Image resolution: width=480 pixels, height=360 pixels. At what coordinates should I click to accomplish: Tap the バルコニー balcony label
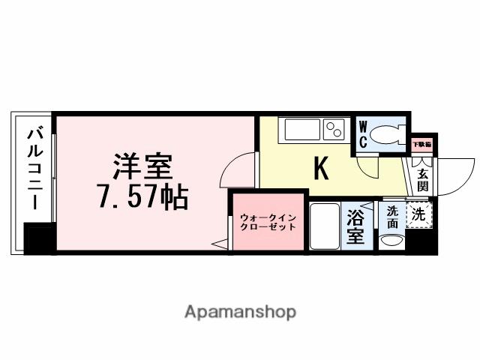34,171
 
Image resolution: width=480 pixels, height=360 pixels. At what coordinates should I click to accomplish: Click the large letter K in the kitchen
321,169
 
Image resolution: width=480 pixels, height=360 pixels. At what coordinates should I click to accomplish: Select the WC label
362,133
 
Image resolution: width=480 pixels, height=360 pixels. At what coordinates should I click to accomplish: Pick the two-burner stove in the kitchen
334,130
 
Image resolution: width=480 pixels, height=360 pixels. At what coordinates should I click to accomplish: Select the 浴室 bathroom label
355,226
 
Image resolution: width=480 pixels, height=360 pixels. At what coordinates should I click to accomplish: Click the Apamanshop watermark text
241,310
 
